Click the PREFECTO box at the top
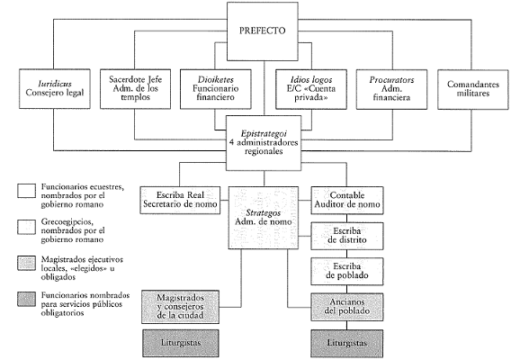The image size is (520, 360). pyautogui.click(x=263, y=31)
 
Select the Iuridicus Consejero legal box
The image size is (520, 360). pyautogui.click(x=55, y=89)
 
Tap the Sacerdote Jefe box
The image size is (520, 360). pyautogui.click(x=135, y=89)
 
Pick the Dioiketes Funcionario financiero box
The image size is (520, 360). pyautogui.click(x=216, y=89)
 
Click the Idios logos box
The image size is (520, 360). pyautogui.click(x=311, y=89)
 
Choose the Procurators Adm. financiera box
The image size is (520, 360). pyautogui.click(x=391, y=89)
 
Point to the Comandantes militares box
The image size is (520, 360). pyautogui.click(x=473, y=89)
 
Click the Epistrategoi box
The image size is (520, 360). pyautogui.click(x=264, y=143)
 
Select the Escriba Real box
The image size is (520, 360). pyautogui.click(x=180, y=200)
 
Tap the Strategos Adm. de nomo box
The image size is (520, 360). pyautogui.click(x=264, y=218)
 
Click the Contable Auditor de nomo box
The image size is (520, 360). pyautogui.click(x=347, y=200)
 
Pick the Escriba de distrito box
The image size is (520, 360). pyautogui.click(x=347, y=236)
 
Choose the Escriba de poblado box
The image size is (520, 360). pyautogui.click(x=347, y=272)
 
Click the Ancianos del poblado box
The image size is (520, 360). pyautogui.click(x=347, y=307)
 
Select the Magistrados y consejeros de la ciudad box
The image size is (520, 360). pyautogui.click(x=181, y=307)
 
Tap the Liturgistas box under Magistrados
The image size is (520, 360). pyautogui.click(x=181, y=343)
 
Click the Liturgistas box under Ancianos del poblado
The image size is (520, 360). pyautogui.click(x=347, y=343)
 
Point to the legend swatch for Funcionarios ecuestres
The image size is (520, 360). pyautogui.click(x=26, y=191)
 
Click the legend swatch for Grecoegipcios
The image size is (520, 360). pyautogui.click(x=26, y=228)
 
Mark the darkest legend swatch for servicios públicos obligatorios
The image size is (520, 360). pyautogui.click(x=26, y=299)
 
